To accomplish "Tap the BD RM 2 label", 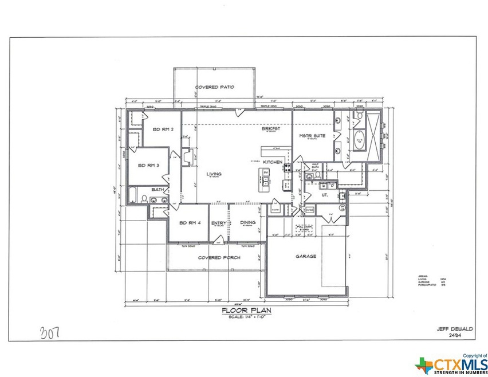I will click(163, 129).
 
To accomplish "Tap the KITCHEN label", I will click(273, 163).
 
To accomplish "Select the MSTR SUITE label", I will click(312, 136).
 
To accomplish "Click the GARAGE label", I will click(306, 256).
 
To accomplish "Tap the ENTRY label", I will click(218, 223).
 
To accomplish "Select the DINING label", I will click(247, 223).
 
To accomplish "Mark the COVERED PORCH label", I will click(219, 258).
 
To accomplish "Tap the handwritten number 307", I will click(50, 332).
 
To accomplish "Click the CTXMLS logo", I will click(450, 363).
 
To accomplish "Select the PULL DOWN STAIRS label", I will click(303, 228).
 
